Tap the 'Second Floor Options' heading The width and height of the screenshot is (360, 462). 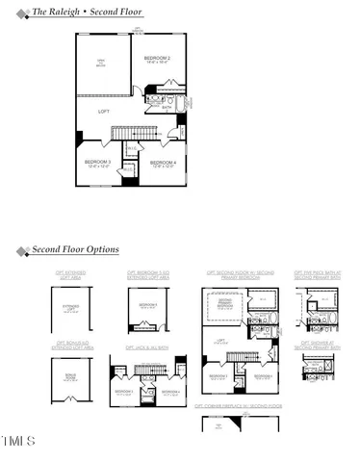[x=75, y=250]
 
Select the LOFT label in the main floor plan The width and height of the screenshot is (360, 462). [x=103, y=113]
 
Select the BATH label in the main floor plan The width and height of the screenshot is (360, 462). [x=167, y=109]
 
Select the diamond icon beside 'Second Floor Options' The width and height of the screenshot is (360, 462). [x=21, y=251]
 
